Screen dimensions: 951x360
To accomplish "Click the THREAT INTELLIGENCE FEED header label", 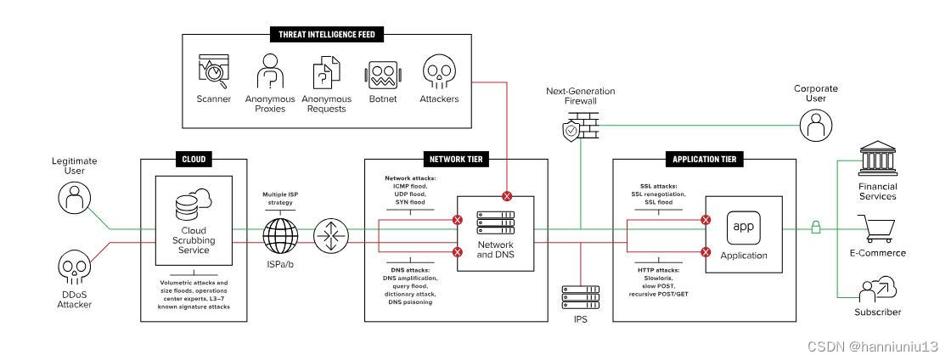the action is point(327,35).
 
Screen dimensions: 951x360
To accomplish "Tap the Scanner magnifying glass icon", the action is point(213,71).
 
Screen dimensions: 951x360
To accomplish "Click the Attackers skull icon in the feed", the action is point(439,71).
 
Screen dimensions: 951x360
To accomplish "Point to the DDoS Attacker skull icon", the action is point(75,269).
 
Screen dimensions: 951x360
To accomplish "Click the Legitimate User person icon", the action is point(75,198).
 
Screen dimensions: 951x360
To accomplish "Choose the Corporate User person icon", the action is point(816,125).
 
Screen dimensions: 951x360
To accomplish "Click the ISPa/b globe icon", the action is point(280,236).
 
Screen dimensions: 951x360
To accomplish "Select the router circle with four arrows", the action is point(331,236).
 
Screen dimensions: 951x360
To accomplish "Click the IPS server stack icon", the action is point(581,297).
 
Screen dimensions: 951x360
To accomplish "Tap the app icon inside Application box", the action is point(744,228).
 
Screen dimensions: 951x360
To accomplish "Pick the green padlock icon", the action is point(816,228).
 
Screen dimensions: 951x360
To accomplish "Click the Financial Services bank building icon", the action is point(878,159).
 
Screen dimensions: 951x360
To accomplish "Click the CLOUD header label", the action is point(194,160).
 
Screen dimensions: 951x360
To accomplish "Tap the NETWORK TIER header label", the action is point(455,160).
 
